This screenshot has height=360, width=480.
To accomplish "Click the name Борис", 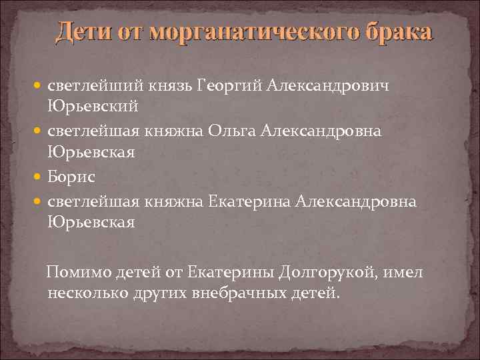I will click(71, 177).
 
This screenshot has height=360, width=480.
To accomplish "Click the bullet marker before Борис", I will click(39, 177).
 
